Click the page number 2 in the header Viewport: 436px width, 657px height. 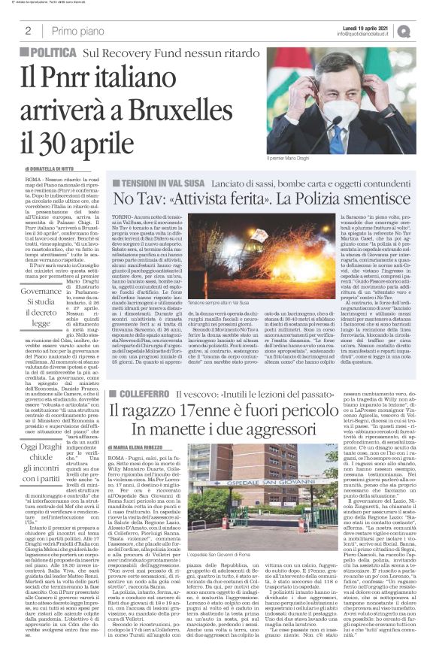point(28,31)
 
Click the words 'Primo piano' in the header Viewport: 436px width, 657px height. point(78,31)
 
